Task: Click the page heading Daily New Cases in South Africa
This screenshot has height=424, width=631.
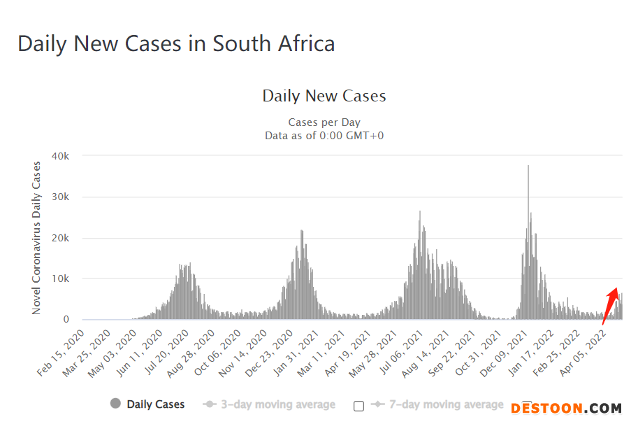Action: [176, 43]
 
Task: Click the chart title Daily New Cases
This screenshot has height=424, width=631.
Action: [324, 96]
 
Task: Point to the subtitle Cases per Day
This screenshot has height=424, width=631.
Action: [324, 122]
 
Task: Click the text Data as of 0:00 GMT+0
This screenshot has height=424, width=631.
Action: [324, 135]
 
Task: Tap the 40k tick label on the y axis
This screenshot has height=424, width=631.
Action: [61, 155]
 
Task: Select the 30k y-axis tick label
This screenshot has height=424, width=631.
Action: [61, 197]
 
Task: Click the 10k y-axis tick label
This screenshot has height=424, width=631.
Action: [61, 278]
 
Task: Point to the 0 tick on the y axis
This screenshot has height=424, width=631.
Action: [66, 320]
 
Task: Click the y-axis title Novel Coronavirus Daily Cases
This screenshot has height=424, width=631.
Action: [37, 238]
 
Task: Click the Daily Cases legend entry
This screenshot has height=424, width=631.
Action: [147, 404]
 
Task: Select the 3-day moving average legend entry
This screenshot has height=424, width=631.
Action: [269, 404]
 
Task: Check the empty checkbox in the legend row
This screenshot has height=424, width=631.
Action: [359, 406]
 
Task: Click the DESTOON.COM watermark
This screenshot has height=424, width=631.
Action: [566, 408]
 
